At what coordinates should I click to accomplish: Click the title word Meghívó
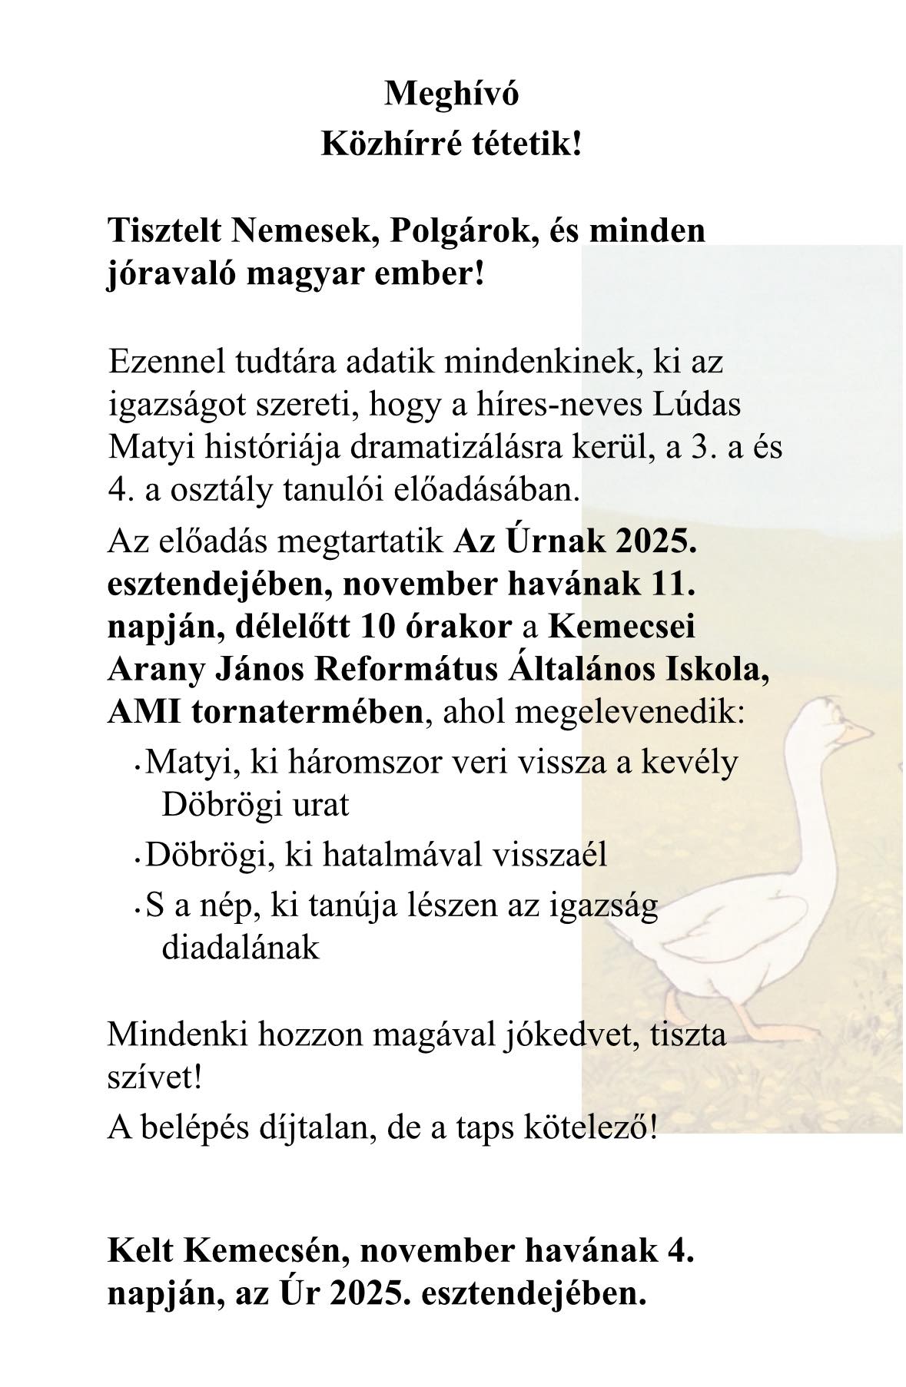click(451, 94)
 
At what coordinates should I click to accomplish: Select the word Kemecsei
click(622, 627)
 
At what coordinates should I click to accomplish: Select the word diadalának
click(241, 948)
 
